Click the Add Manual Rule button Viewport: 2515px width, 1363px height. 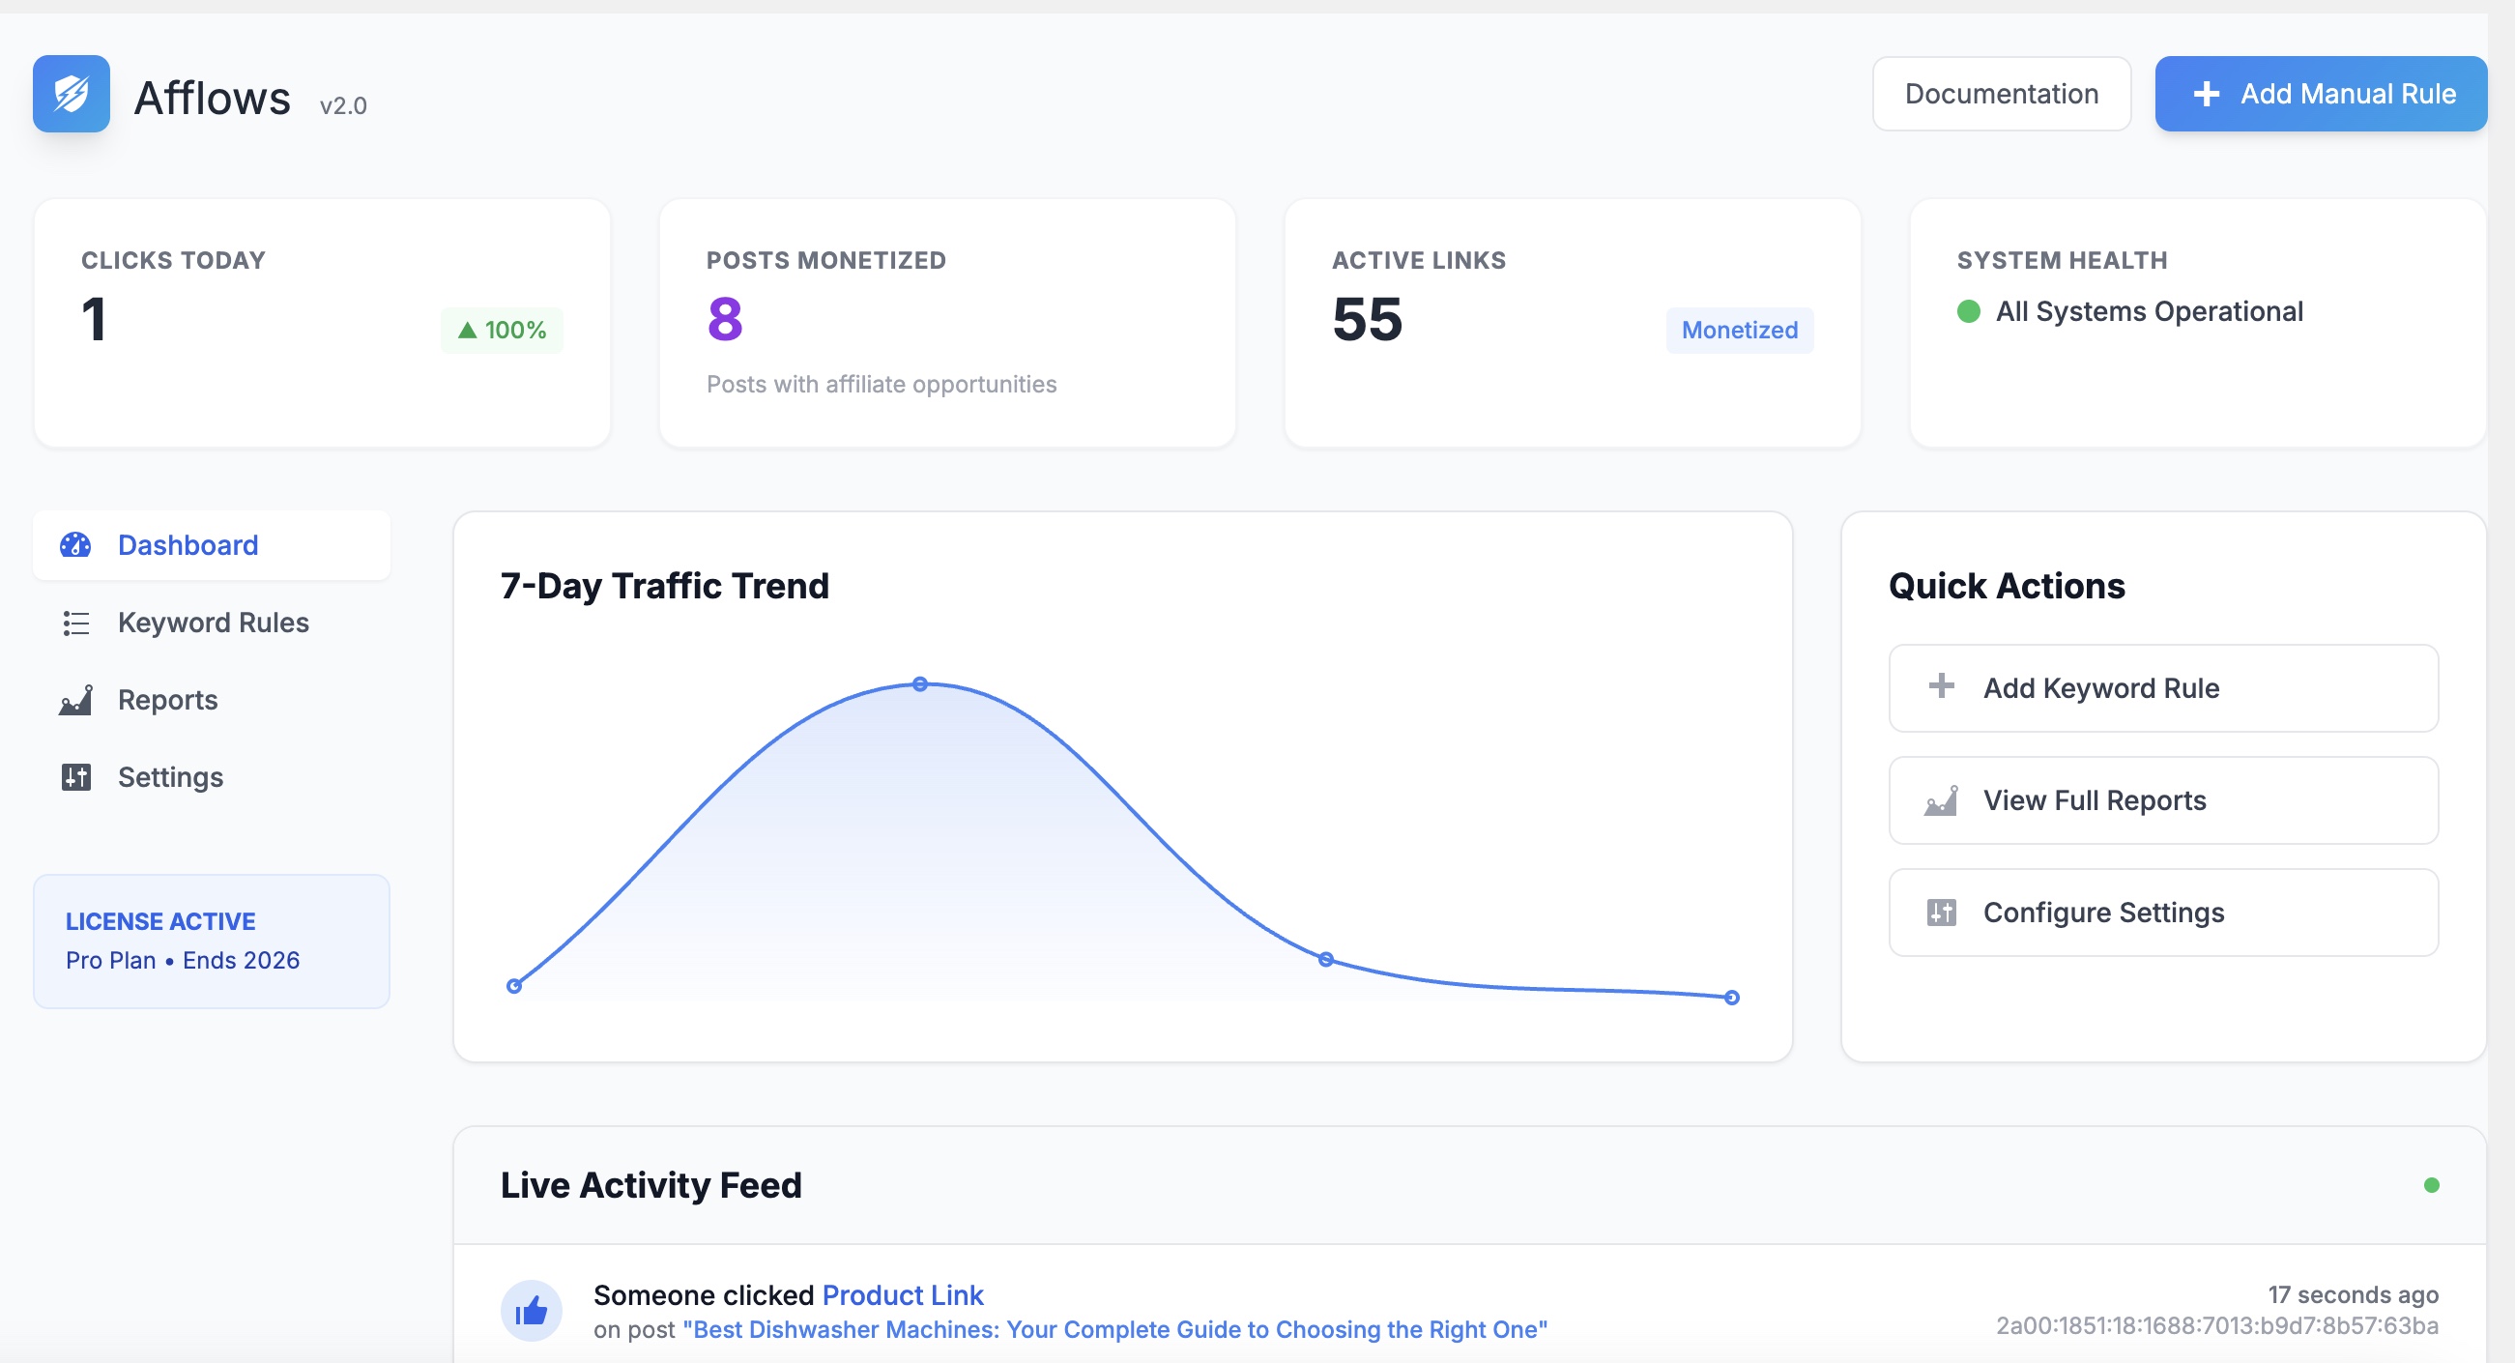tap(2320, 94)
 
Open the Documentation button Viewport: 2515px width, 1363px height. tap(2001, 94)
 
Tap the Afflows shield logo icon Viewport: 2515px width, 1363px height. tap(72, 94)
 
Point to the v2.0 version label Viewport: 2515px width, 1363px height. tap(343, 105)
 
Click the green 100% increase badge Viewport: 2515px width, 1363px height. tap(502, 330)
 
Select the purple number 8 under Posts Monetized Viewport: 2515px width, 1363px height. tap(724, 319)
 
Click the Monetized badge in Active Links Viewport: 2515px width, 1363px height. tap(1738, 330)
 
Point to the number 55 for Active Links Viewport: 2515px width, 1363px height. tap(1367, 319)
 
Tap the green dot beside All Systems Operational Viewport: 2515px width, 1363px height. tap(1968, 311)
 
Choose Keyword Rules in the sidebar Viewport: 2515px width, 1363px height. tap(213, 622)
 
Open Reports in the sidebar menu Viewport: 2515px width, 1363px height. tap(167, 699)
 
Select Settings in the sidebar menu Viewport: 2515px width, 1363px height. tap(170, 776)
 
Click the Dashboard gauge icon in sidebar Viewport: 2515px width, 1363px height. tap(75, 545)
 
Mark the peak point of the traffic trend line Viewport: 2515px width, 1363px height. tap(920, 683)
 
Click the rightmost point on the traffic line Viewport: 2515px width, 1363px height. tap(1731, 997)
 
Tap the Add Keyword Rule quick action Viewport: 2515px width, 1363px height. tap(2162, 687)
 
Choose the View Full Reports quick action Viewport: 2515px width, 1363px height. tap(2162, 799)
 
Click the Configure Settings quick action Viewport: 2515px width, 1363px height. tap(2162, 912)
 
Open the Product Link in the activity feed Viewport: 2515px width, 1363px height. tap(902, 1294)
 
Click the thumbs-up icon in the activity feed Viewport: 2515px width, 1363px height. tap(531, 1310)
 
